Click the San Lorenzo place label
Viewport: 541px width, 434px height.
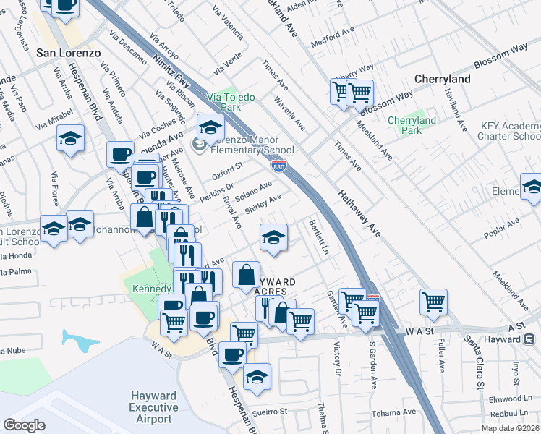pyautogui.click(x=63, y=53)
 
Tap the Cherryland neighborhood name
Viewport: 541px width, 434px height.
pyautogui.click(x=443, y=79)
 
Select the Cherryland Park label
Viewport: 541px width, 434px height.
pyautogui.click(x=412, y=125)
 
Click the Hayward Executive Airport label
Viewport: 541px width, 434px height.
pyautogui.click(x=153, y=407)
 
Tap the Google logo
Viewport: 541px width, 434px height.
pyautogui.click(x=24, y=425)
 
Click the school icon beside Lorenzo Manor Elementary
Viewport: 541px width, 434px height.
pyautogui.click(x=210, y=127)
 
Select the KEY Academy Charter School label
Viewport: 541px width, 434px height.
pyautogui.click(x=510, y=130)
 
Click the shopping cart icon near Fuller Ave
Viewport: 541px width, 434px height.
pyautogui.click(x=433, y=301)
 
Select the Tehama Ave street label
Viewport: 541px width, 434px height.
pyautogui.click(x=394, y=412)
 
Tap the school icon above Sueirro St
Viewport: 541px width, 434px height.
pyautogui.click(x=256, y=376)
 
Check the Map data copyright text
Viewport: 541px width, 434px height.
pyautogui.click(x=510, y=428)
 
